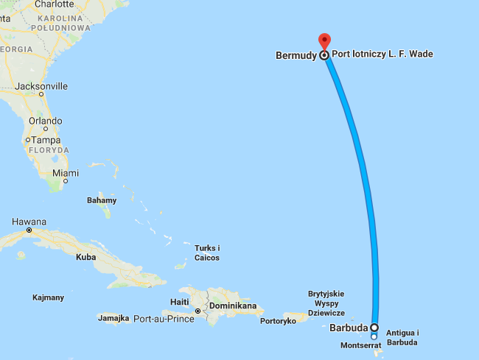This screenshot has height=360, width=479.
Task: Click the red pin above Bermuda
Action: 324,41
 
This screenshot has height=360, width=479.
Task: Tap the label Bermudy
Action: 296,55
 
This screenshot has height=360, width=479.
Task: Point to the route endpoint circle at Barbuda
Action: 374,327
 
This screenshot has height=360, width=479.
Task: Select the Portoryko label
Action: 279,320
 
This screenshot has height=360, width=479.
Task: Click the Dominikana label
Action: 233,305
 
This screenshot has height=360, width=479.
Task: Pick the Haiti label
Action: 181,302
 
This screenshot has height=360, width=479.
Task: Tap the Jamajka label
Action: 113,318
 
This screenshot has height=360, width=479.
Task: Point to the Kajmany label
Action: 49,297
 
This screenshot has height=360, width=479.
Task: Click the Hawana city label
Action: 30,222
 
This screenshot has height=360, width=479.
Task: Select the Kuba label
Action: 85,258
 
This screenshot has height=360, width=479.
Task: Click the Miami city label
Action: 66,174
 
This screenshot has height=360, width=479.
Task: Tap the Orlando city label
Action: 45,121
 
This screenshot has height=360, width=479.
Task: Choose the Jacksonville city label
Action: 43,86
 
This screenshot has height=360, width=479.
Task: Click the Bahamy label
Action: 102,200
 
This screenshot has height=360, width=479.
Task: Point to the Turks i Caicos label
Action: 207,253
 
